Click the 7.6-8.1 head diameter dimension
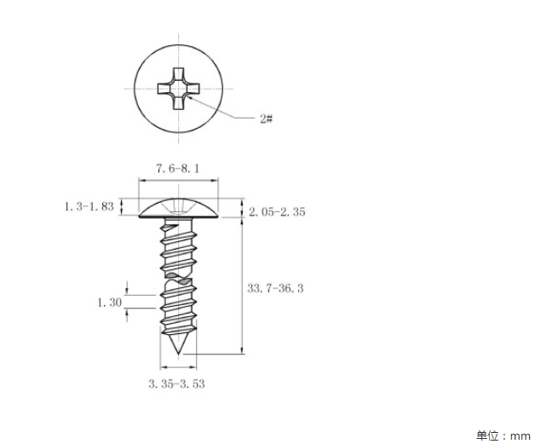[178, 169]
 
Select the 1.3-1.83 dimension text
[89, 206]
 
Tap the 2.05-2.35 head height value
[277, 211]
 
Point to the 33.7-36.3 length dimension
[275, 288]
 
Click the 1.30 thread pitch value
[110, 303]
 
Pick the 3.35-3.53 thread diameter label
[176, 383]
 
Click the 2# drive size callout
[267, 119]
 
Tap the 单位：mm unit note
[504, 435]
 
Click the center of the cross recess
[178, 89]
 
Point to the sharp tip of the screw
[178, 353]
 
